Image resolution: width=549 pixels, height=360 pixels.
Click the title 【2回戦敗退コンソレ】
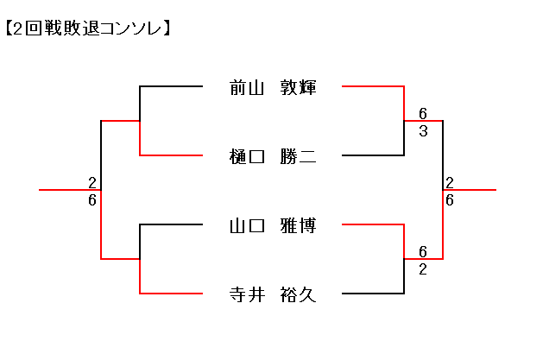pos(87,28)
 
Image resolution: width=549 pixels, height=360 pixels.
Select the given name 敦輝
pos(298,87)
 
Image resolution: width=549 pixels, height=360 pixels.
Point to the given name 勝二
pos(298,156)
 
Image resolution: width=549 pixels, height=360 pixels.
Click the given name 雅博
pos(298,225)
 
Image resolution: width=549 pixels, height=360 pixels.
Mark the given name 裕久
pos(298,294)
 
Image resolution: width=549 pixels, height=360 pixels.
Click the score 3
pos(423,130)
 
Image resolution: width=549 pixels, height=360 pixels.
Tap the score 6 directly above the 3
pos(423,113)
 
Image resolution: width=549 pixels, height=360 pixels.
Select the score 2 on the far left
pos(91,182)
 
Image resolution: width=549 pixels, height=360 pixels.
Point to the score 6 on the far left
pos(91,199)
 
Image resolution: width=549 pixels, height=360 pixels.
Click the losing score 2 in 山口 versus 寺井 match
pos(423,268)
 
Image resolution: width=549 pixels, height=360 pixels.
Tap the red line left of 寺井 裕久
pos(173,294)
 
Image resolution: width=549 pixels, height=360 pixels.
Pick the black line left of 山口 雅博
pos(173,224)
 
